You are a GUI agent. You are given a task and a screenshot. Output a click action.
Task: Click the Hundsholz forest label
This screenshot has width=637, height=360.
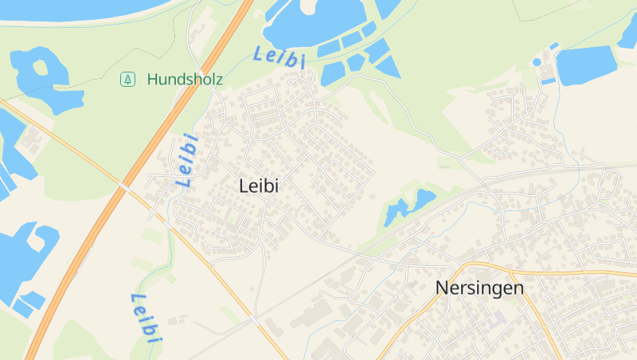[185, 80]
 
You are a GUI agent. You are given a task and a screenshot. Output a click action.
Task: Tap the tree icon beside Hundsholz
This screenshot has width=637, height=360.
[127, 79]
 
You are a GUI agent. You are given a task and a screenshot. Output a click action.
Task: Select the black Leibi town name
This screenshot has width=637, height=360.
[259, 186]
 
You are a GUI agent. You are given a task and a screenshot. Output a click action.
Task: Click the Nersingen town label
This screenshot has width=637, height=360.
[480, 288]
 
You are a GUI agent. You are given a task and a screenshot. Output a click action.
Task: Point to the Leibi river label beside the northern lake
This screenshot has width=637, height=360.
[279, 57]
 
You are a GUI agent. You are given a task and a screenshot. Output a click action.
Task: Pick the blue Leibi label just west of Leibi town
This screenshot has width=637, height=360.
[187, 160]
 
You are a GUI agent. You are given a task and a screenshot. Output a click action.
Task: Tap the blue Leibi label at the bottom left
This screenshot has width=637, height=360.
[147, 318]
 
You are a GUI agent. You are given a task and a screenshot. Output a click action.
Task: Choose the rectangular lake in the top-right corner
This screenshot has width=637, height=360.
[587, 65]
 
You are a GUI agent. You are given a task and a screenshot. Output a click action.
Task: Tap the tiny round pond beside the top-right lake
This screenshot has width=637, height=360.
[537, 62]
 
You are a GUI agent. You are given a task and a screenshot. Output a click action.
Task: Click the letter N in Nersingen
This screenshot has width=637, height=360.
[443, 288]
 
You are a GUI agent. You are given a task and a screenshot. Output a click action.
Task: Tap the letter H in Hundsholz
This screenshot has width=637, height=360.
[152, 80]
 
